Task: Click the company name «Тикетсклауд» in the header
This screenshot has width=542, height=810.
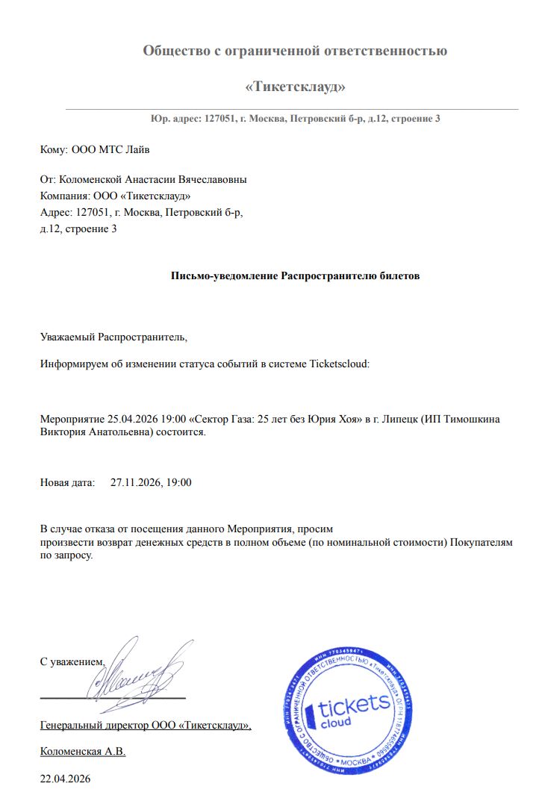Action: click(295, 87)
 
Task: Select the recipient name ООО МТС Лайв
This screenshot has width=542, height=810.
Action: click(110, 149)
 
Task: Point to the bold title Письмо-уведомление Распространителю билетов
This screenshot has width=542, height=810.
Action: click(296, 275)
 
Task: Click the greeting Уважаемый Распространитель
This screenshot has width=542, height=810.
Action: click(113, 337)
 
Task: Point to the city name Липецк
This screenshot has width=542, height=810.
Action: click(396, 419)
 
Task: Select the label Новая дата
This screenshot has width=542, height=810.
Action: click(68, 482)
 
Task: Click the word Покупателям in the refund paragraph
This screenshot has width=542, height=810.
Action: click(482, 543)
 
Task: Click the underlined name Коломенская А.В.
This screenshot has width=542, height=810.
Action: click(83, 752)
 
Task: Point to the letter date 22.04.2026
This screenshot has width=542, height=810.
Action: click(65, 779)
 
